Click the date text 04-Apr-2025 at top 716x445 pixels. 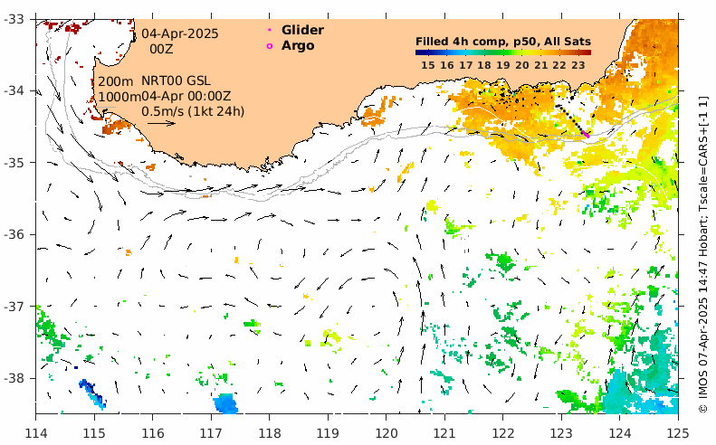(179, 33)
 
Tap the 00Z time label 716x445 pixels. (161, 49)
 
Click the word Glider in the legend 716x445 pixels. (302, 30)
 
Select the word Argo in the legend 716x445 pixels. (298, 45)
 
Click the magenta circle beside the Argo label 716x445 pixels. (269, 45)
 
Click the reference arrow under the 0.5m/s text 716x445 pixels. (159, 123)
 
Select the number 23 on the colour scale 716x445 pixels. (578, 64)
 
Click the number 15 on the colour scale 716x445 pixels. (427, 64)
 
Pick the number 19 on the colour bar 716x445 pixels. (503, 64)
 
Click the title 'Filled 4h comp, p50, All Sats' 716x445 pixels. (502, 41)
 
